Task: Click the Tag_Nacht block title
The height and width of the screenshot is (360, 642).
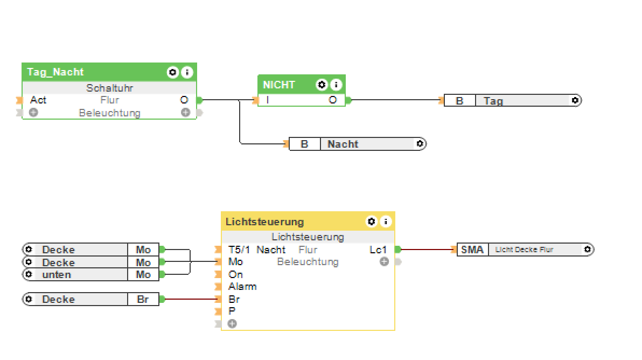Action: tap(55, 72)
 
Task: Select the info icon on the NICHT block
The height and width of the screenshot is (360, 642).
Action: tap(336, 85)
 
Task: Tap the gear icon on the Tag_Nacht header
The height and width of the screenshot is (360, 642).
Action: tap(172, 72)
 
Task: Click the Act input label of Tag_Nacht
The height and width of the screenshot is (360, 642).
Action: tap(38, 100)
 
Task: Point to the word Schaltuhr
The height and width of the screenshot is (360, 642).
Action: tap(109, 88)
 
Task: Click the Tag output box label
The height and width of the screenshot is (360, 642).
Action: tap(493, 101)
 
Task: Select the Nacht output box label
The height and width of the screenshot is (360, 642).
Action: tap(343, 144)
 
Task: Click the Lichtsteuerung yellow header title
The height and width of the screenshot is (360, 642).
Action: tap(264, 221)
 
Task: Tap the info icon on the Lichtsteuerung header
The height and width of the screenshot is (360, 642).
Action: tap(386, 221)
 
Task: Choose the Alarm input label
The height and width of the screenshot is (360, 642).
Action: tap(242, 286)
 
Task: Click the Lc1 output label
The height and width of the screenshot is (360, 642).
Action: tap(378, 250)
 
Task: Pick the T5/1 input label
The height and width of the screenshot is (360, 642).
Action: tap(239, 250)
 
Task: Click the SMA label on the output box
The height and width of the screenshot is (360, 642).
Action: tap(472, 250)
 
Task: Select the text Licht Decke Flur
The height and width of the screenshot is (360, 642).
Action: tap(524, 250)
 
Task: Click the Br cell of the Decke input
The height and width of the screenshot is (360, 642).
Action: tap(143, 299)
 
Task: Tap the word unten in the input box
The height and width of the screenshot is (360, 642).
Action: tap(57, 274)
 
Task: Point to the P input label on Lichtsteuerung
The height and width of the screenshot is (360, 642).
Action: tap(232, 311)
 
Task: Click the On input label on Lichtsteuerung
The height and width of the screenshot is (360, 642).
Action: tap(235, 274)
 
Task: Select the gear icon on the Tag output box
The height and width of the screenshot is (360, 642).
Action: tap(575, 100)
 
